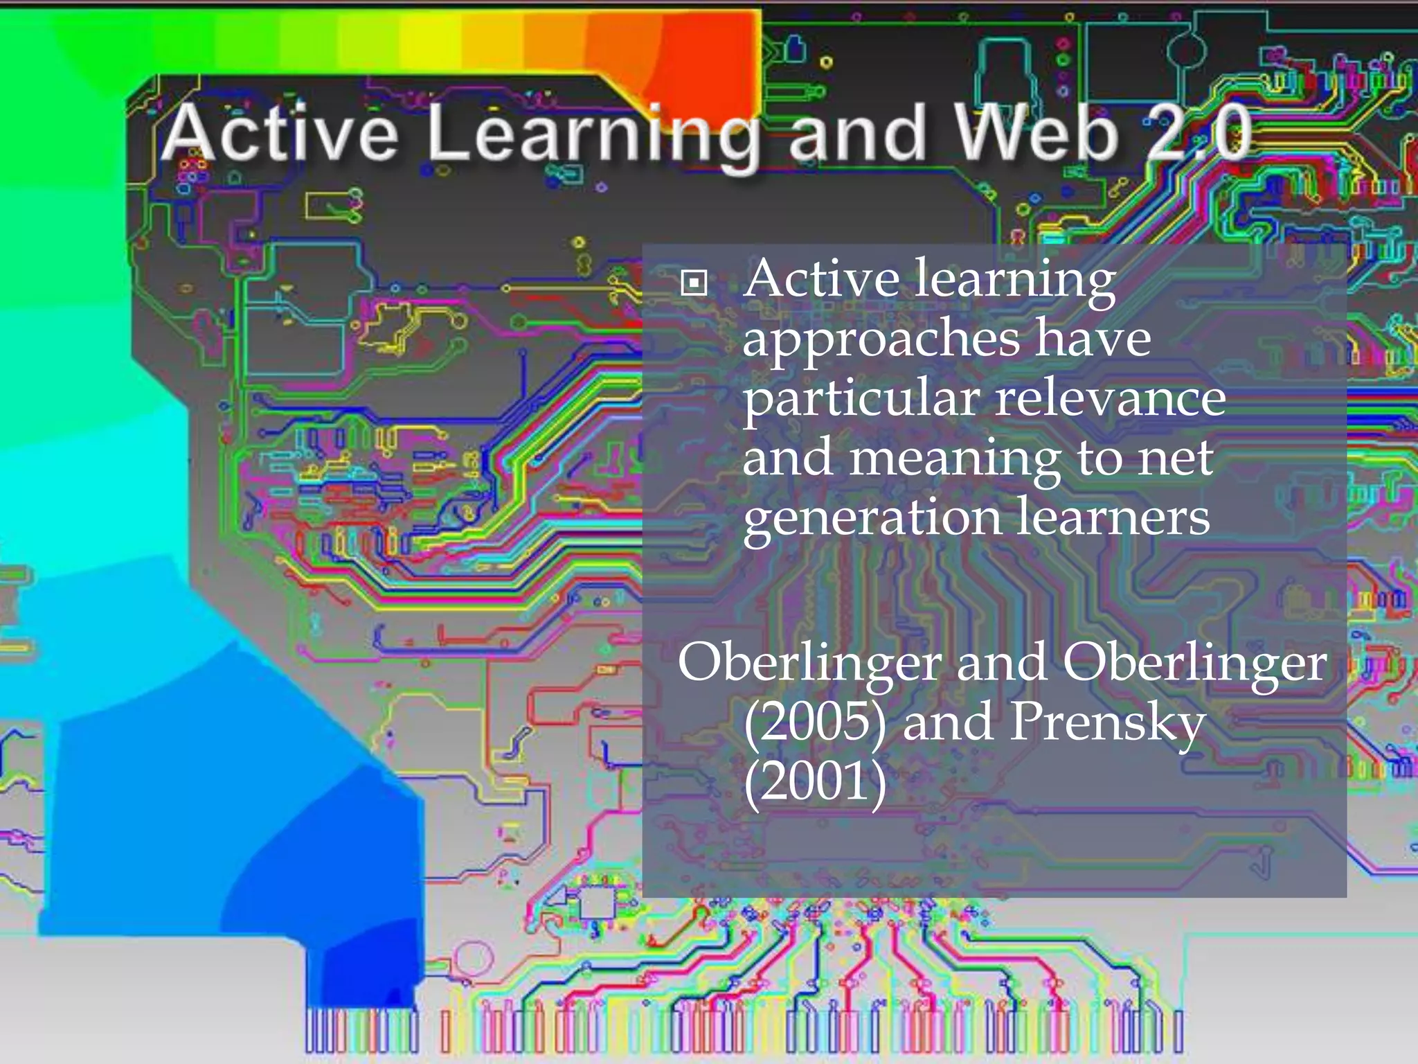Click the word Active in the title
tap(280, 133)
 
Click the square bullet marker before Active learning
tap(694, 283)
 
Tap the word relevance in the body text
tap(1111, 399)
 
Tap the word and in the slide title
tap(857, 133)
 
